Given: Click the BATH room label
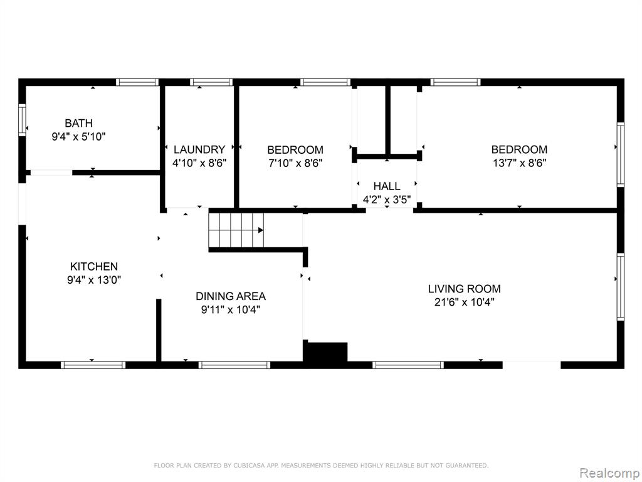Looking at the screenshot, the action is point(78,123).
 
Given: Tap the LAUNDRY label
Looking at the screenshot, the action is point(199,149).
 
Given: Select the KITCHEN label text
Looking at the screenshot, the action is point(94,266).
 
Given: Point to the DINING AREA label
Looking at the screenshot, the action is point(231,296).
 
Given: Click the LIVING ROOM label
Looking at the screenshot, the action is point(465,289).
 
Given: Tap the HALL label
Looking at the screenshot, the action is point(387,186).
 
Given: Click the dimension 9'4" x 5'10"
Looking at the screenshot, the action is point(78,136).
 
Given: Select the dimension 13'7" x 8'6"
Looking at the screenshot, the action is point(519,163).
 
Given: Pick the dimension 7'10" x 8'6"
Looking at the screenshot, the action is point(295,163).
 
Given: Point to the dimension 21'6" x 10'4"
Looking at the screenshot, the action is point(465,303).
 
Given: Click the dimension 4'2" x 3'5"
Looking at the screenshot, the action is point(387,200).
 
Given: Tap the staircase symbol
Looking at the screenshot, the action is point(236,230).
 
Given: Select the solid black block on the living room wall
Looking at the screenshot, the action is point(325,352).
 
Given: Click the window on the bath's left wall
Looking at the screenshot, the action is point(22,120).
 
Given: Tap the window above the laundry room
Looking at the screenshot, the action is point(211,82).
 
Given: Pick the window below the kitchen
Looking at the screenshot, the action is point(93,365).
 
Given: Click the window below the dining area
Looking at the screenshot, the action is point(234,365).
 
